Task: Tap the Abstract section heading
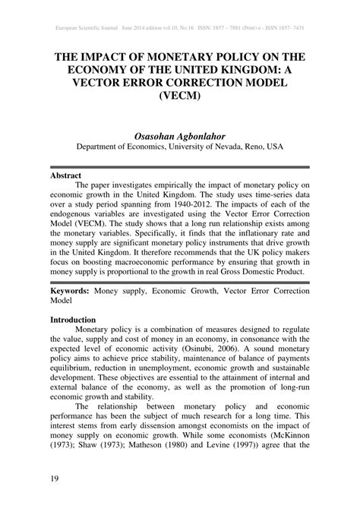click(66, 174)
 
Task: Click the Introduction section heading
click(73, 320)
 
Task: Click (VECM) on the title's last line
click(179, 97)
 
